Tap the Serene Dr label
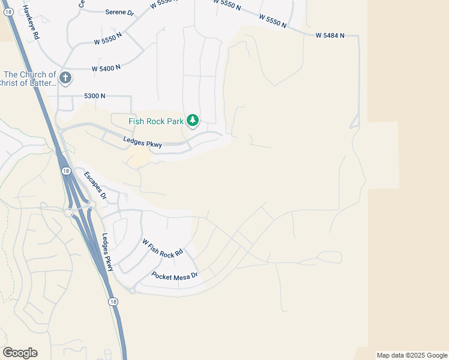(119, 12)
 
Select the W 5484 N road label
(330, 35)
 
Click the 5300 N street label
(95, 96)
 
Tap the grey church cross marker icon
(65, 77)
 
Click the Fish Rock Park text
(156, 121)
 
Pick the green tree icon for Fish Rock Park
(192, 121)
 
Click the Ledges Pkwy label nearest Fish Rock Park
(142, 142)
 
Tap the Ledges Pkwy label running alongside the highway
(107, 252)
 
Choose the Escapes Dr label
(95, 185)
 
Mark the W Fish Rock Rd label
(162, 248)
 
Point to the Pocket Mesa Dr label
(175, 275)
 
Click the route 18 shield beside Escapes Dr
(65, 171)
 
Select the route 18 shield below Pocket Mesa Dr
(113, 302)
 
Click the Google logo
(20, 353)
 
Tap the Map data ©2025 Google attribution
(412, 355)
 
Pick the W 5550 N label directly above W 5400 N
(108, 42)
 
